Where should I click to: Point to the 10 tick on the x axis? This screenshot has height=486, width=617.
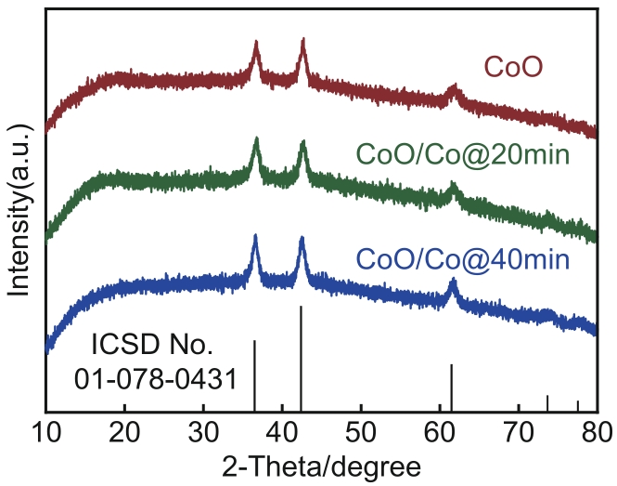point(45,430)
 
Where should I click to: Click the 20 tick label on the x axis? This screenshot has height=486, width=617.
point(124,430)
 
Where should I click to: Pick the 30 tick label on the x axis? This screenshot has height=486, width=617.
point(203,430)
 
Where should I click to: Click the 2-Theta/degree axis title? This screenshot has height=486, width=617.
point(321,464)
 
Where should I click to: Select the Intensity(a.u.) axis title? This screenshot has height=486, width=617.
point(19,204)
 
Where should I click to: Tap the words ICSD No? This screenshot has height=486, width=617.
point(152,347)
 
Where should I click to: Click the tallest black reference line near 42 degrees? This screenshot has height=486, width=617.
point(301,358)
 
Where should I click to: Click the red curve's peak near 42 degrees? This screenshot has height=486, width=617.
point(302,43)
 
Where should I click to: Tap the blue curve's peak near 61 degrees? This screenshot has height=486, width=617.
point(453,282)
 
